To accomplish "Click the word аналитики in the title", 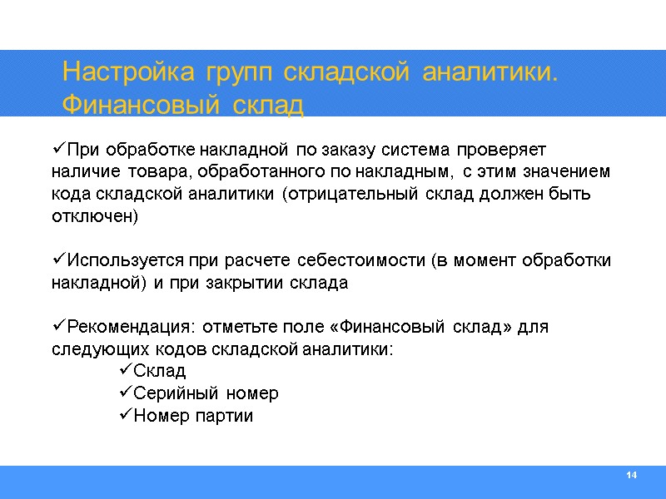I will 488,73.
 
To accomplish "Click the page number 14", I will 631,475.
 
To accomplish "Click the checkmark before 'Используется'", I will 57,260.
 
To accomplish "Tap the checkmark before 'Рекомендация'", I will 57,326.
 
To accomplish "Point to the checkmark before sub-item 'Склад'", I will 126,370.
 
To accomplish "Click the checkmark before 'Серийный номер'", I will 126,393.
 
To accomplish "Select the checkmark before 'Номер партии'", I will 126,415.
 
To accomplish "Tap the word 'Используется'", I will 123,260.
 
